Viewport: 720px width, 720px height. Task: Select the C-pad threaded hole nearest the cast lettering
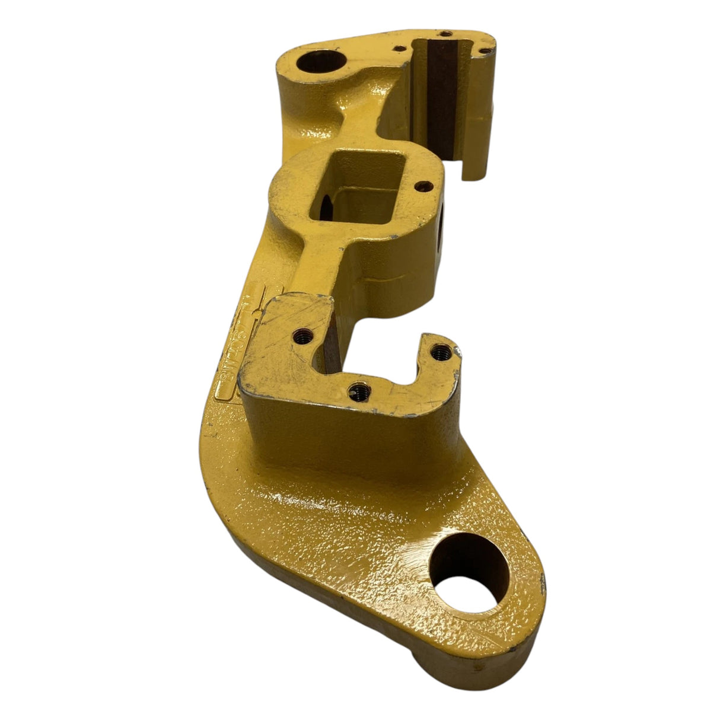point(304,336)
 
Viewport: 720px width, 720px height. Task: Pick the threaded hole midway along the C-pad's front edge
point(361,390)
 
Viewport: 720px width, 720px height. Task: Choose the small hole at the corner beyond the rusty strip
point(485,52)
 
